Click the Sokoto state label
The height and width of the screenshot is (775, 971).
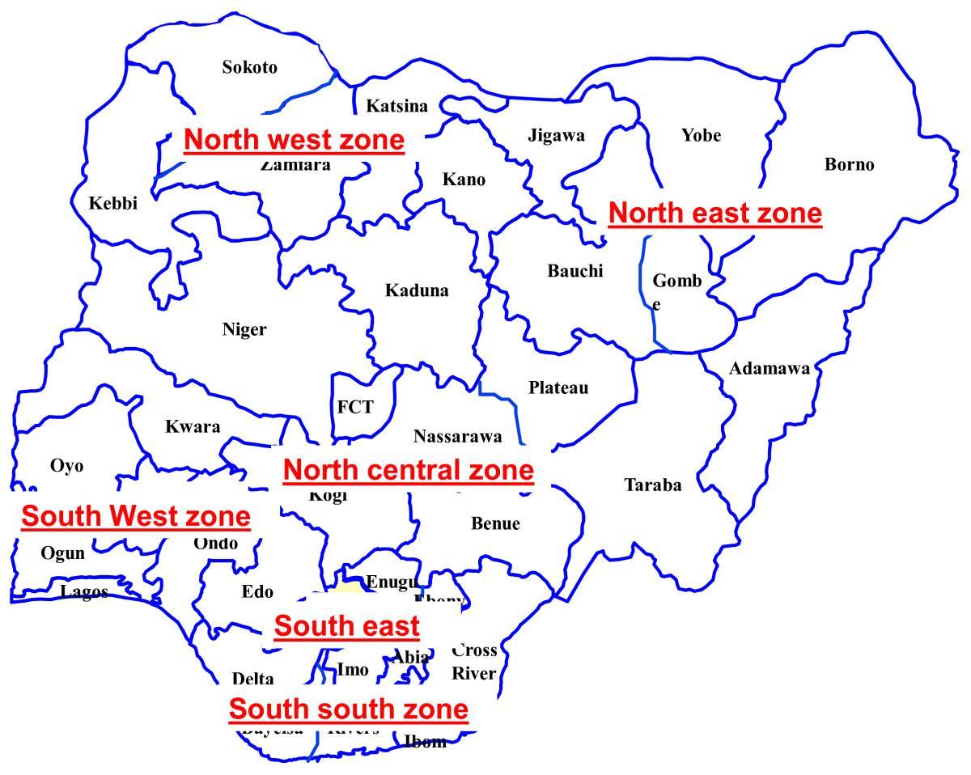(249, 67)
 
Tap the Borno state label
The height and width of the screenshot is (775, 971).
(849, 164)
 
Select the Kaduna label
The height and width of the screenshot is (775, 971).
(416, 290)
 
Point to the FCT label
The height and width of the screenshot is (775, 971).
(355, 407)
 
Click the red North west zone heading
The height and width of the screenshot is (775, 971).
(294, 140)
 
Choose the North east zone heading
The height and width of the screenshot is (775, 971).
(714, 214)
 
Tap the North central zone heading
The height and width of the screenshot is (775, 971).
(408, 470)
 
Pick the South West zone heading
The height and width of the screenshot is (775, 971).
(136, 515)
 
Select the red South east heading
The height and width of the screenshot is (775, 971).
(346, 625)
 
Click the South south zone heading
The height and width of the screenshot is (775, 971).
(348, 709)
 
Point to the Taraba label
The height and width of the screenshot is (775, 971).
(652, 485)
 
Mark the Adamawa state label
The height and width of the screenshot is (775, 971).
(769, 369)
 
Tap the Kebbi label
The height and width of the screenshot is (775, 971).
(112, 203)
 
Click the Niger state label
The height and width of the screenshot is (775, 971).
(244, 329)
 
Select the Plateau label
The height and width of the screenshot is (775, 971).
(558, 387)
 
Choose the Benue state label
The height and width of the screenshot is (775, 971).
(495, 523)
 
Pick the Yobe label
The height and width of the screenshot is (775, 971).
(701, 135)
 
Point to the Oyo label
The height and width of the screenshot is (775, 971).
(66, 466)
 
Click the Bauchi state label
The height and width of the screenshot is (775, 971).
(575, 271)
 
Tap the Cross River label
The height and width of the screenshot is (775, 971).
(474, 662)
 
